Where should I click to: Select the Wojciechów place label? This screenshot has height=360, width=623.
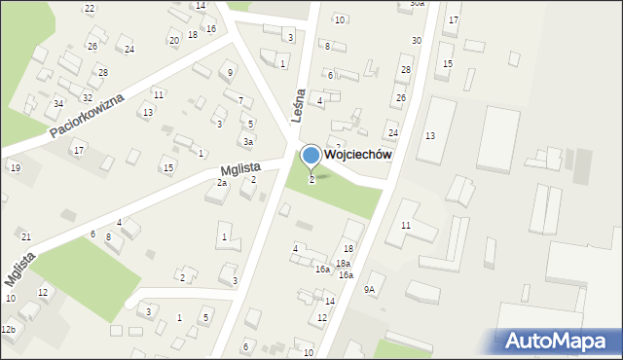(x=358, y=155)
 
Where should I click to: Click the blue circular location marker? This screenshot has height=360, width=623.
(x=311, y=155)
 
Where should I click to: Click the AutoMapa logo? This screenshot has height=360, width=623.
(x=556, y=341)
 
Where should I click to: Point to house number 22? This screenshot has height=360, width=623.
(x=90, y=9)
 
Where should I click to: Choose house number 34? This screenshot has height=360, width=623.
(x=58, y=103)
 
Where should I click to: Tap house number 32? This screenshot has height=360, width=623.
(x=88, y=97)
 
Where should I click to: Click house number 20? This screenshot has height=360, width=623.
(x=173, y=40)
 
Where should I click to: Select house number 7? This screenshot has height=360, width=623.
(x=239, y=101)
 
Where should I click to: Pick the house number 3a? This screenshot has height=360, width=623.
(x=248, y=142)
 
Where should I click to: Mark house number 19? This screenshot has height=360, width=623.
(x=16, y=168)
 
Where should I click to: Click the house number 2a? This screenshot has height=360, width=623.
(x=222, y=183)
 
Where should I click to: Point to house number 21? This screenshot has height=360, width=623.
(x=26, y=237)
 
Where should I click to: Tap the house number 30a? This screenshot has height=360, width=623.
(x=417, y=4)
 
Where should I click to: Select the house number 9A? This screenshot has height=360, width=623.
(x=369, y=289)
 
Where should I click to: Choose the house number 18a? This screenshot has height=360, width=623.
(x=343, y=264)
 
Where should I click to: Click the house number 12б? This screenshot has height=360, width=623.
(x=8, y=331)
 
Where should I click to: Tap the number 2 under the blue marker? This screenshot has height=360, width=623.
(x=311, y=179)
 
